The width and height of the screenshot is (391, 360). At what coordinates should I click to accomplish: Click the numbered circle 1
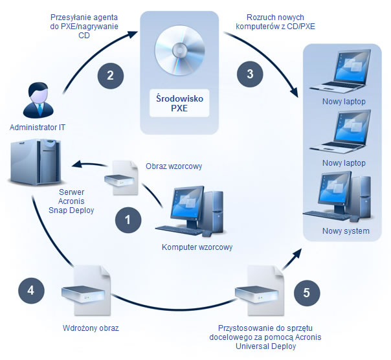(x=128, y=219)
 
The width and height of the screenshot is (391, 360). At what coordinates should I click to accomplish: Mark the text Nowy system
(x=346, y=231)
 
